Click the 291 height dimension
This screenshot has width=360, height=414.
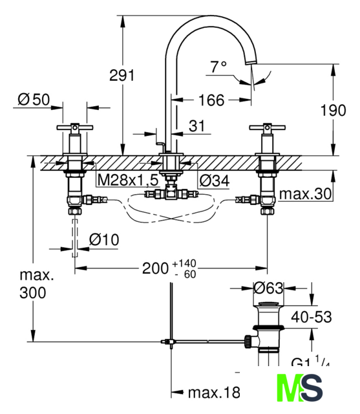[122, 75]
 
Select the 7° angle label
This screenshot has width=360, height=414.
[218, 67]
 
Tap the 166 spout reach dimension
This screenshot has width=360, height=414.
[211, 100]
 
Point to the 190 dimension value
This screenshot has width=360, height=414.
[333, 110]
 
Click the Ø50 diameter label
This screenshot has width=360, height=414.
[34, 100]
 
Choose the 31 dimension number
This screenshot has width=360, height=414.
[196, 126]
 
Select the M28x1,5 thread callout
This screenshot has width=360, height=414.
[128, 180]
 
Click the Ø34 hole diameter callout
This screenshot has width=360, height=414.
[214, 181]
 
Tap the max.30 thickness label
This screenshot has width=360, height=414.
[305, 194]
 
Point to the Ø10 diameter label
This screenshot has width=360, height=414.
[104, 240]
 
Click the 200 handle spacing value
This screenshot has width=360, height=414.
[155, 268]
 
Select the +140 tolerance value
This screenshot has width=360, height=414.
[184, 263]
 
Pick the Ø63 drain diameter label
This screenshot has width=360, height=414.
[268, 288]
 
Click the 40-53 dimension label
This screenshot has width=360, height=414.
[312, 317]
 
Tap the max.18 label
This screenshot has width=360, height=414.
[214, 393]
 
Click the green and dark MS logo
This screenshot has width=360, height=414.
[300, 387]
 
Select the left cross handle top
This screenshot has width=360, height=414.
[75, 127]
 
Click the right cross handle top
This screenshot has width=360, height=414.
[268, 127]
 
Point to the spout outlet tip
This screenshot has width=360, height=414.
[251, 62]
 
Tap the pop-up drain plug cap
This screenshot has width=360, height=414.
[268, 304]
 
